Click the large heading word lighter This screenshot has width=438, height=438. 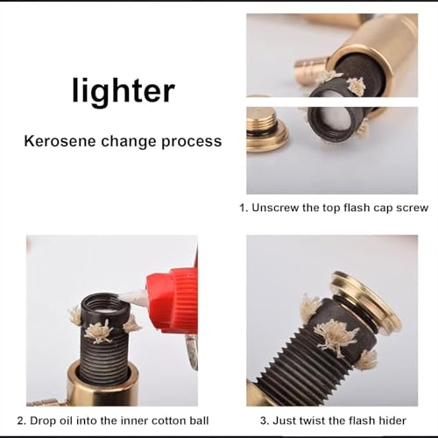click(x=124, y=91)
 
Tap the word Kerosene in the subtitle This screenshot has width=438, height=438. click(x=60, y=141)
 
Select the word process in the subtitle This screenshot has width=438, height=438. click(x=192, y=142)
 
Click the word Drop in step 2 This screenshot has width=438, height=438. click(x=43, y=420)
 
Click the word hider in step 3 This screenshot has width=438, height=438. click(x=392, y=420)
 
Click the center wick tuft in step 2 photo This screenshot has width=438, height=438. click(x=98, y=332)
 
